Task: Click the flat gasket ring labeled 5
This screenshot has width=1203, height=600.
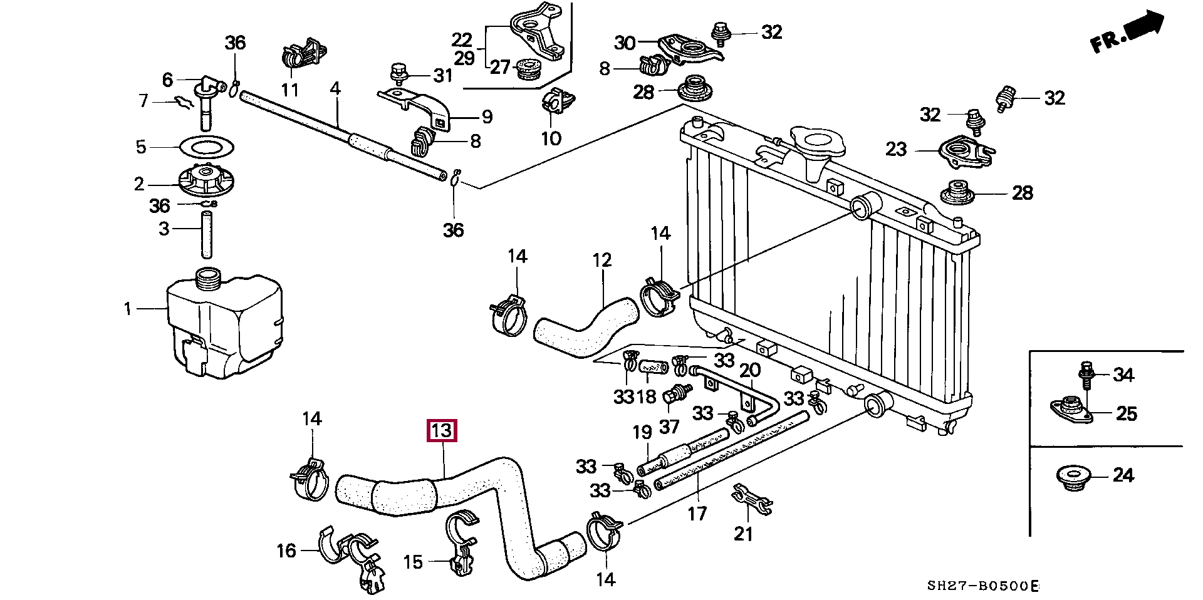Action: (207, 148)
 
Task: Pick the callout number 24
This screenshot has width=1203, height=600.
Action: (1123, 476)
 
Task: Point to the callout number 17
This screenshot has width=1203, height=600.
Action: (697, 514)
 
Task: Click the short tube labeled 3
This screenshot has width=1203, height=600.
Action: (207, 234)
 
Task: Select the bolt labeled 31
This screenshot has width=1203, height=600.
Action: (397, 73)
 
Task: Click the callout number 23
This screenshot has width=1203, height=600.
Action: (896, 149)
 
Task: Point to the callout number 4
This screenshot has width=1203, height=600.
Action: (335, 88)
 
